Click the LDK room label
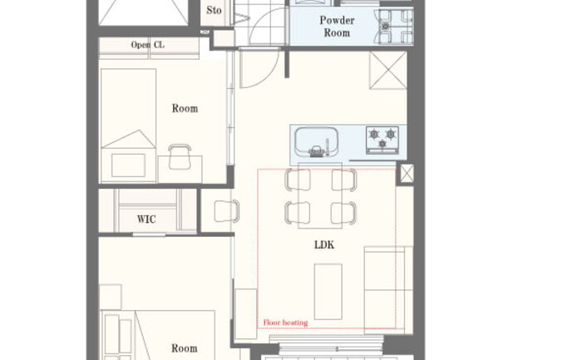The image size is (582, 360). pyautogui.click(x=324, y=244)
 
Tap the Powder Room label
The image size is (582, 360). pyautogui.click(x=337, y=27)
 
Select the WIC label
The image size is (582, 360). pyautogui.click(x=146, y=219)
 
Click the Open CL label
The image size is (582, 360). pyautogui.click(x=147, y=45)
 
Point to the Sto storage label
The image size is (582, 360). pyautogui.click(x=214, y=10)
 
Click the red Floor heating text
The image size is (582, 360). pyautogui.click(x=285, y=323)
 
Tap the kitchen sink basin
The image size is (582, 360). pyautogui.click(x=317, y=141)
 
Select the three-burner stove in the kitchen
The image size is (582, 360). pyautogui.click(x=382, y=140)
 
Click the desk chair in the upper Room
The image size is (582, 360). pyautogui.click(x=180, y=156)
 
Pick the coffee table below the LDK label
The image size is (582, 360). pyautogui.click(x=328, y=291)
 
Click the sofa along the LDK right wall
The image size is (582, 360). pyautogui.click(x=388, y=289)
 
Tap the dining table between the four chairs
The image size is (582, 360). pyautogui.click(x=320, y=195)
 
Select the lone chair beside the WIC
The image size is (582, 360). pyautogui.click(x=226, y=211)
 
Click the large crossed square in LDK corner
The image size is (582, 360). pyautogui.click(x=388, y=70)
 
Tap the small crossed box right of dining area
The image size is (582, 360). pyautogui.click(x=407, y=174)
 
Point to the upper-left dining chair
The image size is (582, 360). pyautogui.click(x=298, y=180)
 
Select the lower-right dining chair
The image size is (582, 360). pyautogui.click(x=343, y=213)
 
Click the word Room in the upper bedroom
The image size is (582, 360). pyautogui.click(x=185, y=108)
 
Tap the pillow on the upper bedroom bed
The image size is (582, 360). pyautogui.click(x=128, y=165)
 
